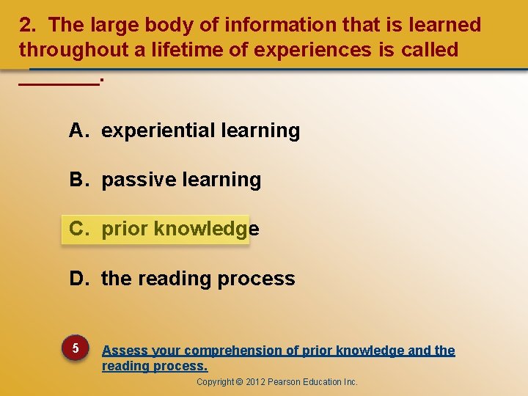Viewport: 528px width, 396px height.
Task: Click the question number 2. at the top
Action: pyautogui.click(x=28, y=25)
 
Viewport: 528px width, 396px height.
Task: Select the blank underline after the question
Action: pyautogui.click(x=58, y=84)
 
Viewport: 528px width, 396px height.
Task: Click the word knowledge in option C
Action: pyautogui.click(x=205, y=230)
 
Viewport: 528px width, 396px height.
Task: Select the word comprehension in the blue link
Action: pyautogui.click(x=230, y=351)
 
